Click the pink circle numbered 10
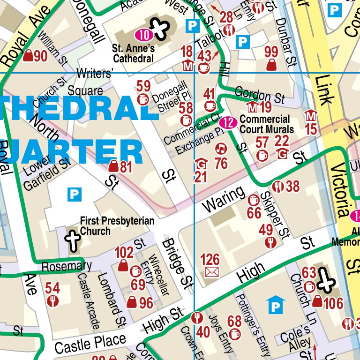(x=144, y=34)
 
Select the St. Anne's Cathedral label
(x=134, y=53)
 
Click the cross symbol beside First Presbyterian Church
(x=73, y=239)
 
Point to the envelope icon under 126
(x=212, y=271)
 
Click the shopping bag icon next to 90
(x=28, y=56)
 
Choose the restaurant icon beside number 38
(x=278, y=187)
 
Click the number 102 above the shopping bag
(x=124, y=253)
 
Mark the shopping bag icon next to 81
(x=113, y=166)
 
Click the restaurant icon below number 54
(x=52, y=301)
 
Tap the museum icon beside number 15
(x=311, y=116)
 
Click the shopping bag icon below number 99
(x=271, y=65)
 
